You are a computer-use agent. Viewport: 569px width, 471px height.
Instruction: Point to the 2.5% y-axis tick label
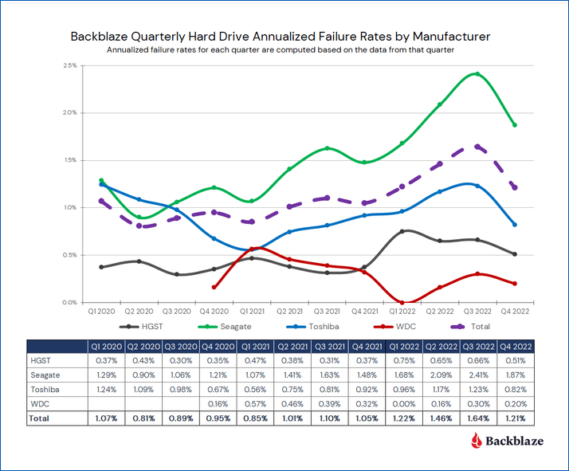[x=69, y=65]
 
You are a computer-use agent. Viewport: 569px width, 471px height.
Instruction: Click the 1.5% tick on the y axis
[x=69, y=160]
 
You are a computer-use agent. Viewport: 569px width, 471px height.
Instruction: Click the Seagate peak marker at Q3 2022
[x=477, y=74]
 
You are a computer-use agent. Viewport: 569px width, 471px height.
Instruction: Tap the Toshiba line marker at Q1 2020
[x=101, y=185]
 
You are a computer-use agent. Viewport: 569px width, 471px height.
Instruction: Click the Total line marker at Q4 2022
[x=514, y=188]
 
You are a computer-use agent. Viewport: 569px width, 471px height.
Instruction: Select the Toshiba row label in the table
[x=47, y=389]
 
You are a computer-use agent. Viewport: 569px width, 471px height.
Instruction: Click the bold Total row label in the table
[x=41, y=418]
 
